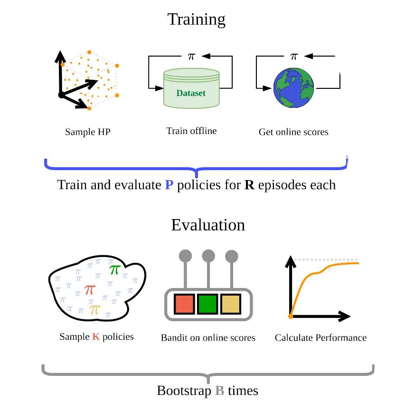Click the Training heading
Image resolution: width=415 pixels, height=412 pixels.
[196, 19]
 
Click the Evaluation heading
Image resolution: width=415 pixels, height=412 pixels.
[208, 224]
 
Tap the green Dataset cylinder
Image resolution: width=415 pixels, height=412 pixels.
[191, 89]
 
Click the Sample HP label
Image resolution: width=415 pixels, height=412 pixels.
[87, 132]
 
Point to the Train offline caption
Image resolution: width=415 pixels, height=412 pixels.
[191, 131]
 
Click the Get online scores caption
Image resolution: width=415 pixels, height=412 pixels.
[293, 132]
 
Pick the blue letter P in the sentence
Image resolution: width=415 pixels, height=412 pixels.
[169, 185]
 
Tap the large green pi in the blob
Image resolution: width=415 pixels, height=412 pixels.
[114, 269]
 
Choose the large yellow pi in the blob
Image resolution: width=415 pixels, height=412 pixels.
[95, 309]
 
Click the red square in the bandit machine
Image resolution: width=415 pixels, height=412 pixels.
[184, 304]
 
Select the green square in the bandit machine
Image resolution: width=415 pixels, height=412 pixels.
[207, 304]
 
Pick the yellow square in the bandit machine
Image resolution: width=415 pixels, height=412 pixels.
[231, 304]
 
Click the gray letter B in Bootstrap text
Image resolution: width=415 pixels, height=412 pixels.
[219, 391]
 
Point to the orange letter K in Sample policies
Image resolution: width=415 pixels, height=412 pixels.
[95, 337]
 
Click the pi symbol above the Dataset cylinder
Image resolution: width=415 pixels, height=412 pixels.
[191, 56]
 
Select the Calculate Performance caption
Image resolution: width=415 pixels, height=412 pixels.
[321, 338]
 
